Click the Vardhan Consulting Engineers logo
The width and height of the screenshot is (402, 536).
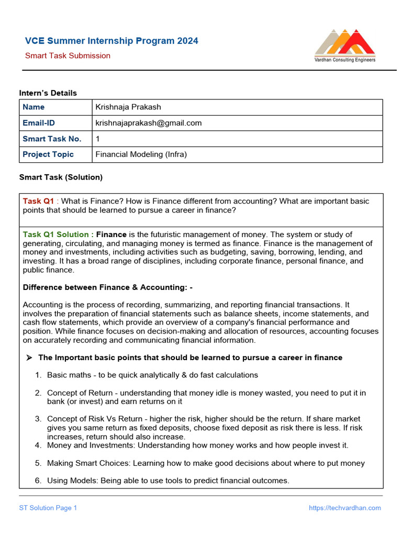[344, 46]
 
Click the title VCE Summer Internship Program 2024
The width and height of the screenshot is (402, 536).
[112, 41]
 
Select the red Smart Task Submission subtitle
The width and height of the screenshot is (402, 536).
[68, 55]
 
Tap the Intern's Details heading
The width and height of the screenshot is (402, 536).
[48, 93]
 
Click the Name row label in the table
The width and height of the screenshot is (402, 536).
[33, 107]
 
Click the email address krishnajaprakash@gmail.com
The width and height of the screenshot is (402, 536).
[148, 123]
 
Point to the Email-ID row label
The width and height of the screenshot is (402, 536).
[39, 123]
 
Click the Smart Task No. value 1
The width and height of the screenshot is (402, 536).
[97, 139]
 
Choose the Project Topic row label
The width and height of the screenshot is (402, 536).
[48, 154]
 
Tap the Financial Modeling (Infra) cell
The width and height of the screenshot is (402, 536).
[141, 154]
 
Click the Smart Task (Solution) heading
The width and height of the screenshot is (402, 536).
[61, 177]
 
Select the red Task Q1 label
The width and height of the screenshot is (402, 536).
[38, 201]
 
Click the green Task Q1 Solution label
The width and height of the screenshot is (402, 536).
[58, 234]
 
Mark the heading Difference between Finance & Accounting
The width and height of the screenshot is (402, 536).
[104, 287]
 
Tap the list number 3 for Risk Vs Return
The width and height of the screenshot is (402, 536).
[38, 419]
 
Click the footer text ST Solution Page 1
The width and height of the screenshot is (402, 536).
[48, 508]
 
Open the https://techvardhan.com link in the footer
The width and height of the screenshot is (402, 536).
[344, 508]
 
